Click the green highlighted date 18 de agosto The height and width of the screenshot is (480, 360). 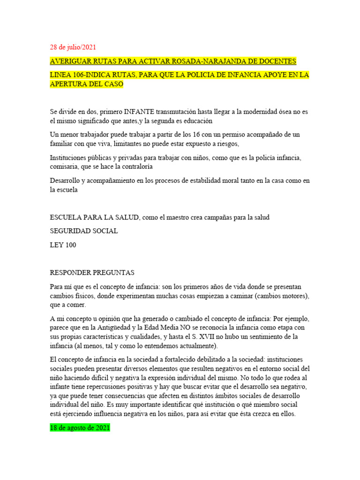tap(80, 428)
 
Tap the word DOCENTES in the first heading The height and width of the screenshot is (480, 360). tap(275, 61)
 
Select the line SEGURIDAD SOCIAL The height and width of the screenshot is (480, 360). tap(83, 231)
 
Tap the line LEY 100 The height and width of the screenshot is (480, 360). tap(63, 245)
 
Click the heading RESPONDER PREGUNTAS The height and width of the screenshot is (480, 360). tap(92, 272)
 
